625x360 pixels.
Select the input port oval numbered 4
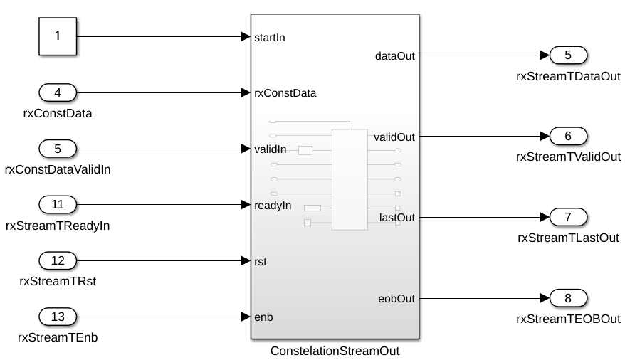point(58,92)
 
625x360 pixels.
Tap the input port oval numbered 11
point(58,205)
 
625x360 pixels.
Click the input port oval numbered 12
point(58,260)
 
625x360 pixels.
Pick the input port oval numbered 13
point(58,317)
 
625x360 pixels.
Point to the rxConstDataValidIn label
point(58,169)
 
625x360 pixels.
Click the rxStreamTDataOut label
point(568,76)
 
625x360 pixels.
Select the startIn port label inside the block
point(270,37)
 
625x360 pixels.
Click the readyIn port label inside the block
point(273,205)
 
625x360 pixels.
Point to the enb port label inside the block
point(263,317)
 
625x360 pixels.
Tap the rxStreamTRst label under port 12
point(58,281)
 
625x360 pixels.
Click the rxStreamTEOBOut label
point(568,318)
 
